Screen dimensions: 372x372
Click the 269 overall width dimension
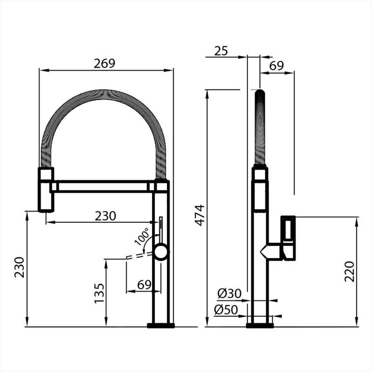pos(105,63)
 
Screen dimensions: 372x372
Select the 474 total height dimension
pos(201,215)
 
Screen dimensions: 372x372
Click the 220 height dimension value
pos(349,272)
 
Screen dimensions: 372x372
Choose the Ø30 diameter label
pos(229,293)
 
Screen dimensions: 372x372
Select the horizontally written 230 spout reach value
pos(105,216)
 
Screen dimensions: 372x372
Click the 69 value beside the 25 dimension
pos(277,66)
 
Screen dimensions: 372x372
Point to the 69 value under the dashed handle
pos(144,285)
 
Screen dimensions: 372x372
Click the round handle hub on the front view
pos(161,251)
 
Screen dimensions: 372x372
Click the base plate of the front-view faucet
pos(161,325)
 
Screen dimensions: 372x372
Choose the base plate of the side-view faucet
pos(260,325)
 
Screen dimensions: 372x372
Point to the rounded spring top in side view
pos(260,93)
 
